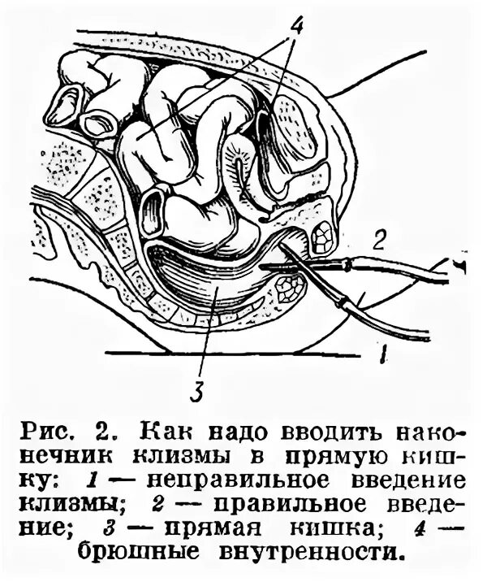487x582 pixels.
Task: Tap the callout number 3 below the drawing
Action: tap(196, 393)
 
